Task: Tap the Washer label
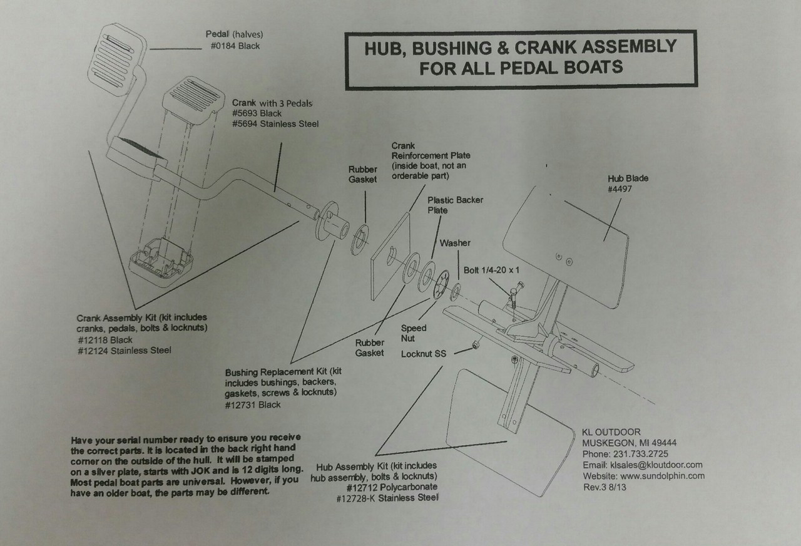tap(455, 242)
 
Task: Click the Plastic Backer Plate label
tap(455, 205)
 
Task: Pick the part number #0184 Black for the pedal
tap(235, 46)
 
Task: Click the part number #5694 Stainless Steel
tap(275, 124)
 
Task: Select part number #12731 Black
tap(253, 404)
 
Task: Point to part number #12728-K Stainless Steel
tap(387, 498)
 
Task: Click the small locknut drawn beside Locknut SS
tap(476, 344)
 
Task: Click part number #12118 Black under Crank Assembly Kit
tap(104, 339)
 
